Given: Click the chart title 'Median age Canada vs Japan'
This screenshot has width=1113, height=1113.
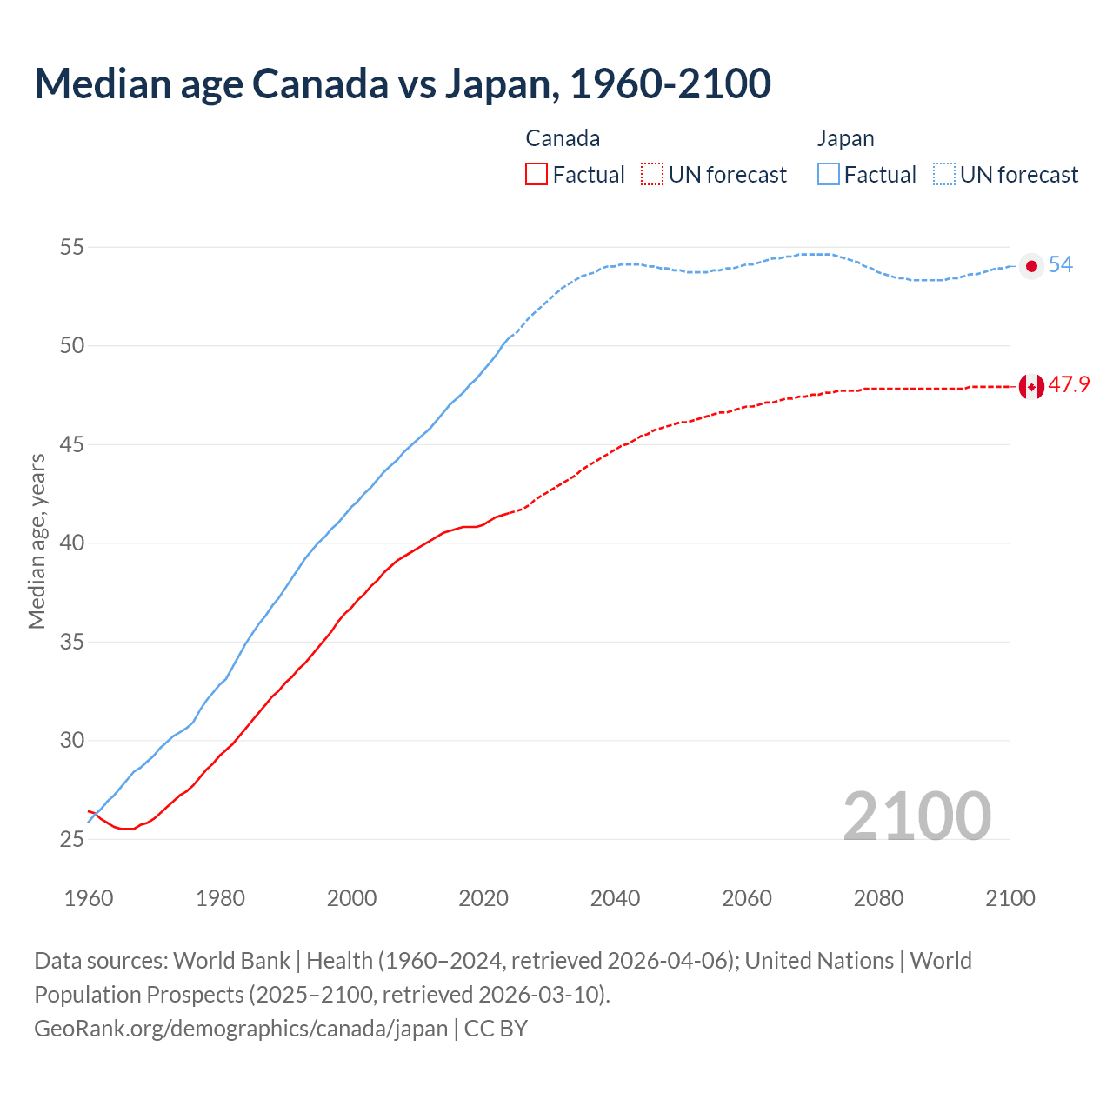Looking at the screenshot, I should (x=402, y=83).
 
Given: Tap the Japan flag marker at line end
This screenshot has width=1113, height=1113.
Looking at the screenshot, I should (x=1031, y=266).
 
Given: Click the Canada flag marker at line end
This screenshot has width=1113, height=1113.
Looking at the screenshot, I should (x=1031, y=386).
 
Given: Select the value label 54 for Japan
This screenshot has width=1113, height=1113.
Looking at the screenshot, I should (x=1060, y=265).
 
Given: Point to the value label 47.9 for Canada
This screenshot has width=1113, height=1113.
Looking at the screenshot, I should (x=1069, y=385).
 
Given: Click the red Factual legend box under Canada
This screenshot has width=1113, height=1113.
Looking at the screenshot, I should (x=537, y=175).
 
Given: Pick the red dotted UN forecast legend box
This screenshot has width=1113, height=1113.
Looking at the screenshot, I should (x=652, y=175).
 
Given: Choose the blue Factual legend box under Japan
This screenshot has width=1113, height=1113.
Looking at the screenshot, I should (x=829, y=175).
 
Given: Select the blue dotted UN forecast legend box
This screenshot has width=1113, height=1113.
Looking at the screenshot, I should (x=944, y=175).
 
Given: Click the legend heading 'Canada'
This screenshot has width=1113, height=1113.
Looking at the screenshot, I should (x=563, y=139).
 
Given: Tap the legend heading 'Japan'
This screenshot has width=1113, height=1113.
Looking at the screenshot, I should (x=845, y=139).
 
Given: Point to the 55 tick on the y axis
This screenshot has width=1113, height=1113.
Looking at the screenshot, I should (x=72, y=248).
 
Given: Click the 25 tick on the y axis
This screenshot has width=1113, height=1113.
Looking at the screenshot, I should (x=72, y=840).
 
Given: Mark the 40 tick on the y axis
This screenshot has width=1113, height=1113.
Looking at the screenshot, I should (x=72, y=543).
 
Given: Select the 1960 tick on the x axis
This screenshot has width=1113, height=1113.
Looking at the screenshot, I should (x=89, y=898).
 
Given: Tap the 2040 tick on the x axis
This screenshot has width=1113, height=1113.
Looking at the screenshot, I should (x=615, y=898).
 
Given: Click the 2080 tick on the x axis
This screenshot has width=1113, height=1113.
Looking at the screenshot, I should (x=878, y=898).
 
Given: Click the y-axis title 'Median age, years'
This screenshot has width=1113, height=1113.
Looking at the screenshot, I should (x=37, y=541).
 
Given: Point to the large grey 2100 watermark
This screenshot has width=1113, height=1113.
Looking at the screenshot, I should (x=916, y=816).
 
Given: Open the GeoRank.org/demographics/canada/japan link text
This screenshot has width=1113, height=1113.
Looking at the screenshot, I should (x=241, y=1029).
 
